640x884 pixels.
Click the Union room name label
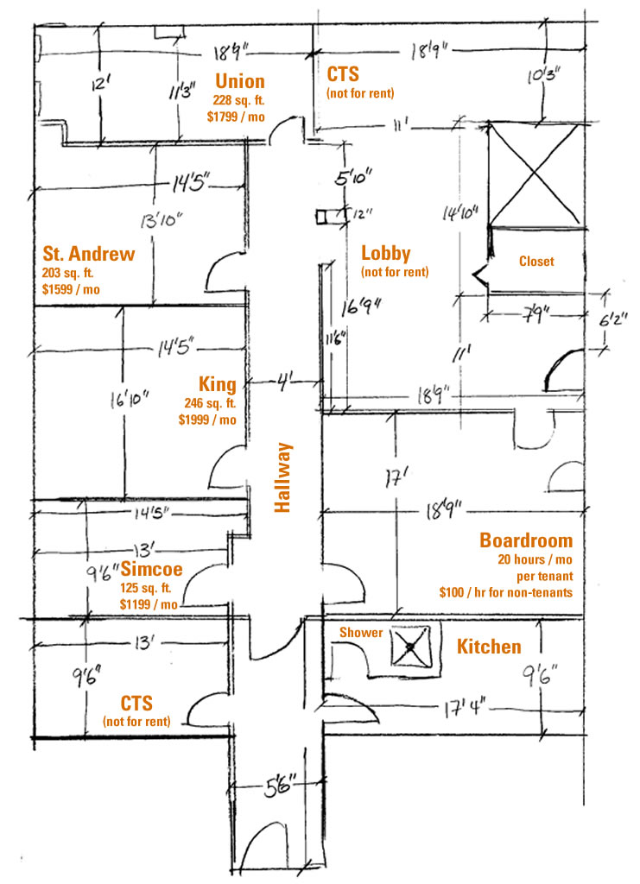239,81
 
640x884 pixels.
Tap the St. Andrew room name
89,254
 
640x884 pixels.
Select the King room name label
217,384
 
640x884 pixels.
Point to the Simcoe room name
152,568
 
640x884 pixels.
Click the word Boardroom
526,540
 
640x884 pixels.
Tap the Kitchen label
489,646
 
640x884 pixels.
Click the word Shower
361,633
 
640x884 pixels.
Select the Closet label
536,261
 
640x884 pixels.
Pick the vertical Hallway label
282,477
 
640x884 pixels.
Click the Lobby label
386,254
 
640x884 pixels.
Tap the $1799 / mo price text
236,117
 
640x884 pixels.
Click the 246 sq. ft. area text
210,403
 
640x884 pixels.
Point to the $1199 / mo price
149,604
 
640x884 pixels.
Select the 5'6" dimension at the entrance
280,786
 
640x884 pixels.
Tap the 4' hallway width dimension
283,382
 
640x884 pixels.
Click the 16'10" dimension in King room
130,400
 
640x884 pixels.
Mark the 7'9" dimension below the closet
535,314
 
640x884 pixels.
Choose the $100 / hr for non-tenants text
506,592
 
